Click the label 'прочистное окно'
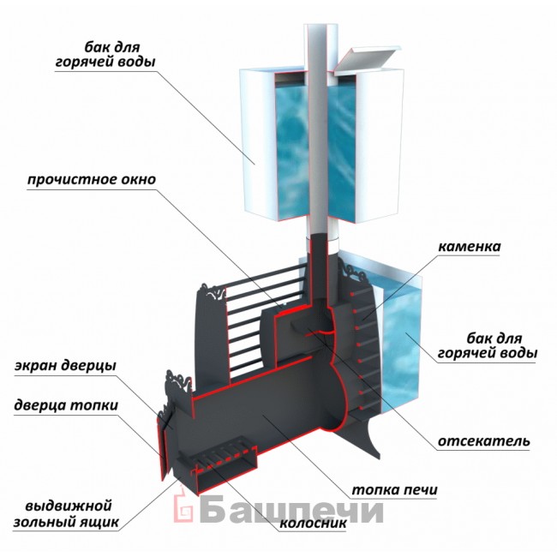[x=92, y=179]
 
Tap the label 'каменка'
[x=470, y=247]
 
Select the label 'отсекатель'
[x=483, y=441]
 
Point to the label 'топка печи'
[x=394, y=490]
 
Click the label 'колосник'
[x=313, y=523]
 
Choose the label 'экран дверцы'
[x=65, y=366]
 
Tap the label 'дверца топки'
[x=66, y=405]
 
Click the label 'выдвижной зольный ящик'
[x=67, y=514]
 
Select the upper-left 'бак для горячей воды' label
[x=105, y=54]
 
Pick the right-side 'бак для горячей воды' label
[x=487, y=346]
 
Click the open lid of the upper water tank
[x=368, y=58]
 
